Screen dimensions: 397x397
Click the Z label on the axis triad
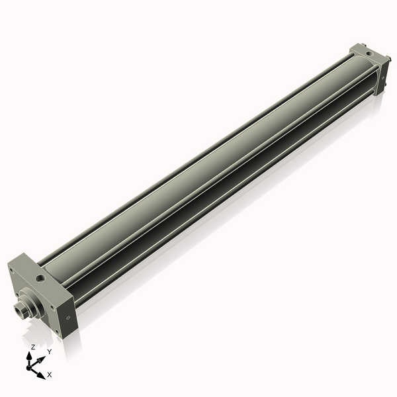click(x=32, y=347)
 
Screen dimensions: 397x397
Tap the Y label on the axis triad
click(x=49, y=351)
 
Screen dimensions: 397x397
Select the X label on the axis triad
click(x=50, y=375)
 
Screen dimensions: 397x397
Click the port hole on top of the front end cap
click(x=42, y=279)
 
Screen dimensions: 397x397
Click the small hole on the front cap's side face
click(x=68, y=318)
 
